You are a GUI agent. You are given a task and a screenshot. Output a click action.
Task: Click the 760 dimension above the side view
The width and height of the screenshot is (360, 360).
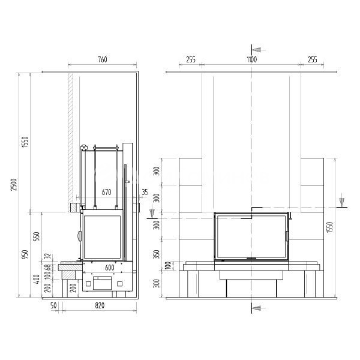(103, 59)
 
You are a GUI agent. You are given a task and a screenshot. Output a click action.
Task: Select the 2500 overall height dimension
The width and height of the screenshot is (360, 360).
(14, 185)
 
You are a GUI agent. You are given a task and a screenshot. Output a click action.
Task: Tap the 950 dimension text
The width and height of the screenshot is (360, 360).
(25, 254)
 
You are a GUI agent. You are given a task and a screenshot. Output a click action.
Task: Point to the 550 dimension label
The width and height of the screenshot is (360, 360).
(37, 236)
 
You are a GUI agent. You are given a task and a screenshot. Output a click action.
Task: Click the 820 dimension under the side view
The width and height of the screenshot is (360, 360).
(100, 305)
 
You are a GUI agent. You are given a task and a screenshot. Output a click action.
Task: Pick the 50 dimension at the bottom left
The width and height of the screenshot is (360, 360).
(53, 305)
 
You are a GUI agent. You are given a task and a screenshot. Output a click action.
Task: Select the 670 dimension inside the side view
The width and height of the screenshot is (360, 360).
(106, 192)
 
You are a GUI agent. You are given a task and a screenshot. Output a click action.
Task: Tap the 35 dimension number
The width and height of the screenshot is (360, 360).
(145, 192)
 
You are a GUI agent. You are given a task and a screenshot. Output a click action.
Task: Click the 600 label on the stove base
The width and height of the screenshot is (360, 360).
(110, 268)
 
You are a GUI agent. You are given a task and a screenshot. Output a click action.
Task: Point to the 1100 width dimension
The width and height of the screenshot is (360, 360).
(251, 59)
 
